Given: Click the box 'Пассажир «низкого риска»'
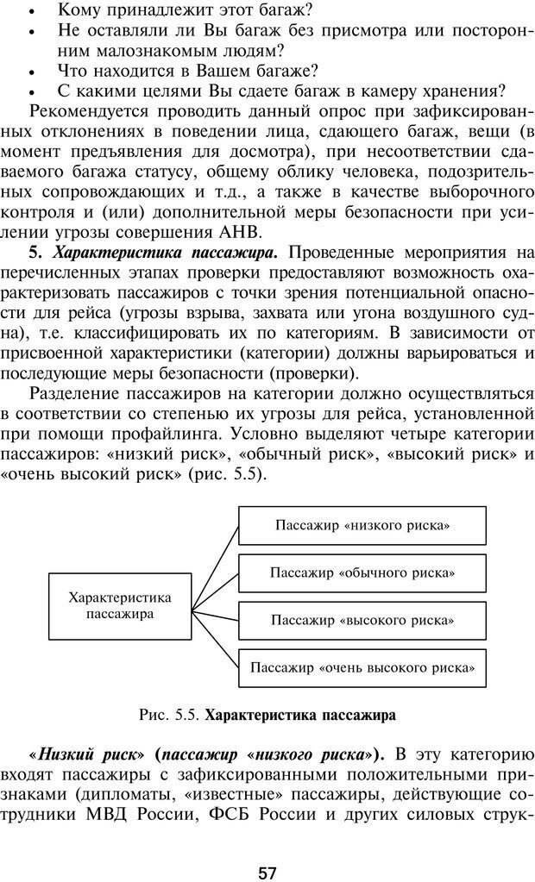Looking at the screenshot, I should (x=362, y=524).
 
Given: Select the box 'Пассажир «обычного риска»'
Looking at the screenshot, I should (x=362, y=572).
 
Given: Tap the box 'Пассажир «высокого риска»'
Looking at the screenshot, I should (x=362, y=620).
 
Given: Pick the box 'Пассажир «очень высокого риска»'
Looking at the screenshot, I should (x=362, y=667).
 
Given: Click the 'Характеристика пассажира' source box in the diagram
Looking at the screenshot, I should (x=119, y=605).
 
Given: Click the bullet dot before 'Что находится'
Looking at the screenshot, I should (x=32, y=72).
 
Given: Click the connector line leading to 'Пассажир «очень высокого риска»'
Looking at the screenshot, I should (x=216, y=638).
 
